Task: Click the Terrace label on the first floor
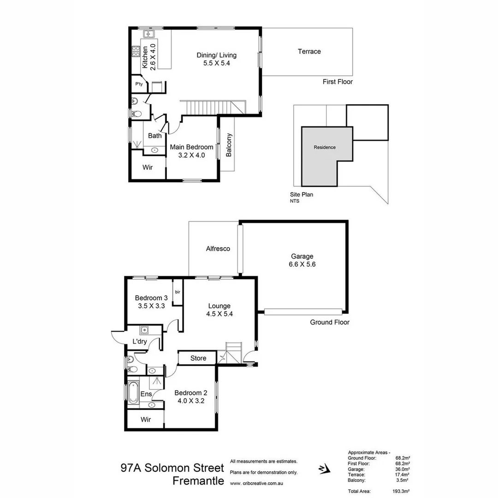(x=309, y=52)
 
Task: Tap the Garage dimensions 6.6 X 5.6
(x=302, y=265)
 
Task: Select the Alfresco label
(x=218, y=249)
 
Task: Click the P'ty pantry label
(x=138, y=85)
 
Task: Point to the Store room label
(x=198, y=358)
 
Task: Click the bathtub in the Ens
(x=133, y=392)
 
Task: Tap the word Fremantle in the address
(x=198, y=481)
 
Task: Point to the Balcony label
(x=229, y=145)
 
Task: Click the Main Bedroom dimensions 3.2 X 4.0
(x=191, y=155)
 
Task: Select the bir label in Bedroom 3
(x=177, y=292)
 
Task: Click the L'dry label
(x=140, y=342)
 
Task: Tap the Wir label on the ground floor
(x=146, y=420)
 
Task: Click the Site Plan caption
(x=301, y=195)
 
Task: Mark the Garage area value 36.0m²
(x=402, y=469)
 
